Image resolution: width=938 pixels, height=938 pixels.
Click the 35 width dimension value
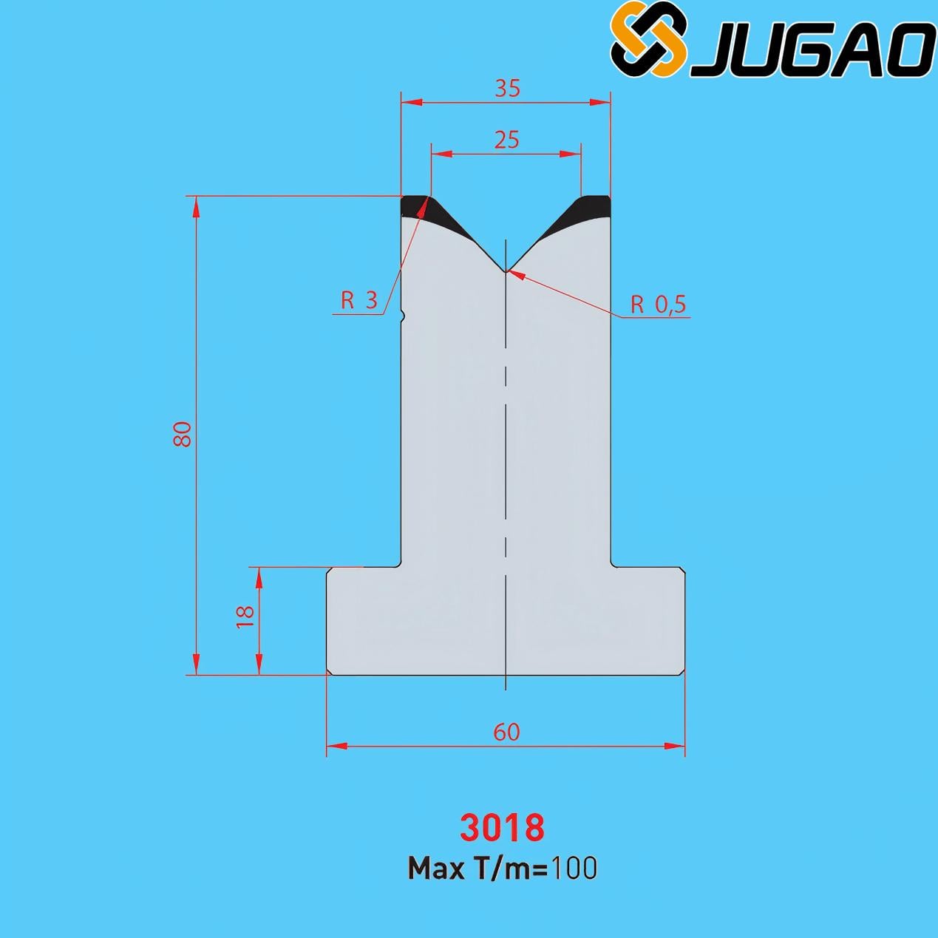[x=507, y=89]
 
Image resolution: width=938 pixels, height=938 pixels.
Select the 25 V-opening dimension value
[x=507, y=140]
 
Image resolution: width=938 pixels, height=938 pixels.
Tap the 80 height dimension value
[x=183, y=434]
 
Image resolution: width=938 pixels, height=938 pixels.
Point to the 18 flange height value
[x=245, y=617]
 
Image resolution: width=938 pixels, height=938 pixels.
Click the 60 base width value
[x=507, y=732]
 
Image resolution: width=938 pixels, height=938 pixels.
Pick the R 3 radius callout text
[x=359, y=300]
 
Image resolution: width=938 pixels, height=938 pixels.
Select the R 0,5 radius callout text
[x=658, y=305]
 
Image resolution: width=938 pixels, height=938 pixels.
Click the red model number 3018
[x=503, y=829]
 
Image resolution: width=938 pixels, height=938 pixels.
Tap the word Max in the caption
[x=436, y=869]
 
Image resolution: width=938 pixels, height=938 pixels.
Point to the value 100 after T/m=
[x=573, y=869]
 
